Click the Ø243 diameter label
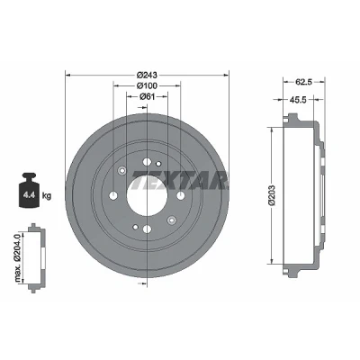coord(147,75)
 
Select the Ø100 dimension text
coord(147,85)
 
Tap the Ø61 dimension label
coord(147,96)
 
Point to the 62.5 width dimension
coord(304,81)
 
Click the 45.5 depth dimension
coord(298,100)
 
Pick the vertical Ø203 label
coord(272,195)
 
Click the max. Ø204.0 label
coord(18,258)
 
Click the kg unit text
coord(47,196)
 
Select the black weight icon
coord(29,190)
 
